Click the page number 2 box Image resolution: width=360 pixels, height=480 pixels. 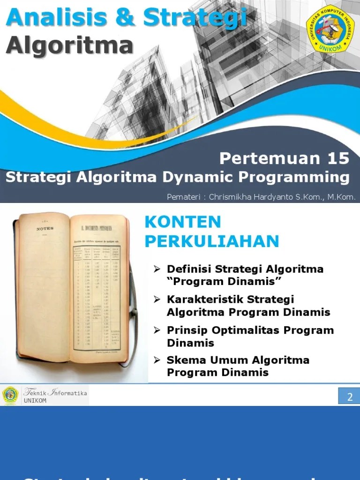coord(349,397)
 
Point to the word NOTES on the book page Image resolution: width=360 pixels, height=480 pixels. coord(45,229)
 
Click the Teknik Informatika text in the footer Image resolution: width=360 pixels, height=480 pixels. coord(55,393)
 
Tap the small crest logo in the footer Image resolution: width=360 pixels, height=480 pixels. coord(10,396)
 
